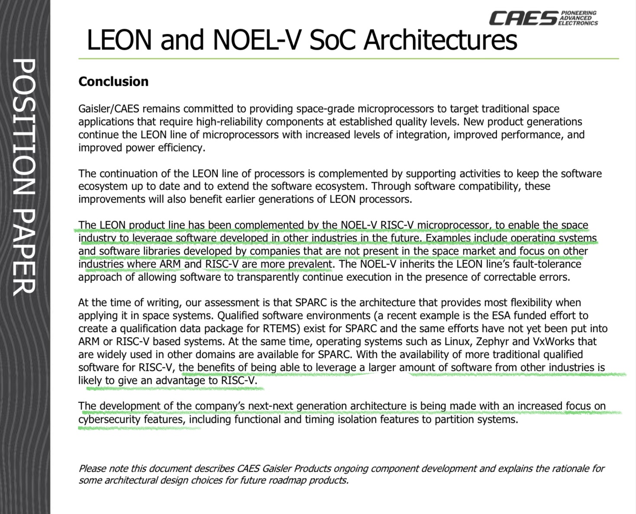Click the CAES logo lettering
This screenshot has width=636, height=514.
(x=523, y=18)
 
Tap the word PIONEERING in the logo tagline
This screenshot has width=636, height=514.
(x=578, y=13)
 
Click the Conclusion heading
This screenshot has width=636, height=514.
(x=113, y=81)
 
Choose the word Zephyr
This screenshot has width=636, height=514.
(x=492, y=341)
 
